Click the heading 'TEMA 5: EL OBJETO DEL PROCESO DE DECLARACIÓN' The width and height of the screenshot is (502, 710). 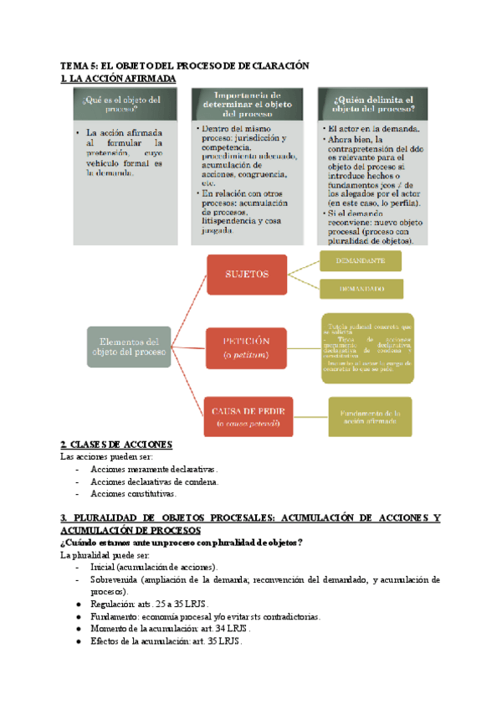(x=185, y=65)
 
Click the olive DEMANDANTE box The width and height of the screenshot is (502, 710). (x=361, y=261)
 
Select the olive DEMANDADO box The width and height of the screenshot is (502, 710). (x=361, y=288)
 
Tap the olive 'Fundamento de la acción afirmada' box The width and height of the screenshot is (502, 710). (x=369, y=416)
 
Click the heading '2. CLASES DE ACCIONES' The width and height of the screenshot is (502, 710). (x=116, y=445)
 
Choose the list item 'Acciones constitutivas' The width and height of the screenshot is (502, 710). (x=134, y=494)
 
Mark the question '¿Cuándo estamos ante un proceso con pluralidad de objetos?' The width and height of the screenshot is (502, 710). (x=182, y=543)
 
